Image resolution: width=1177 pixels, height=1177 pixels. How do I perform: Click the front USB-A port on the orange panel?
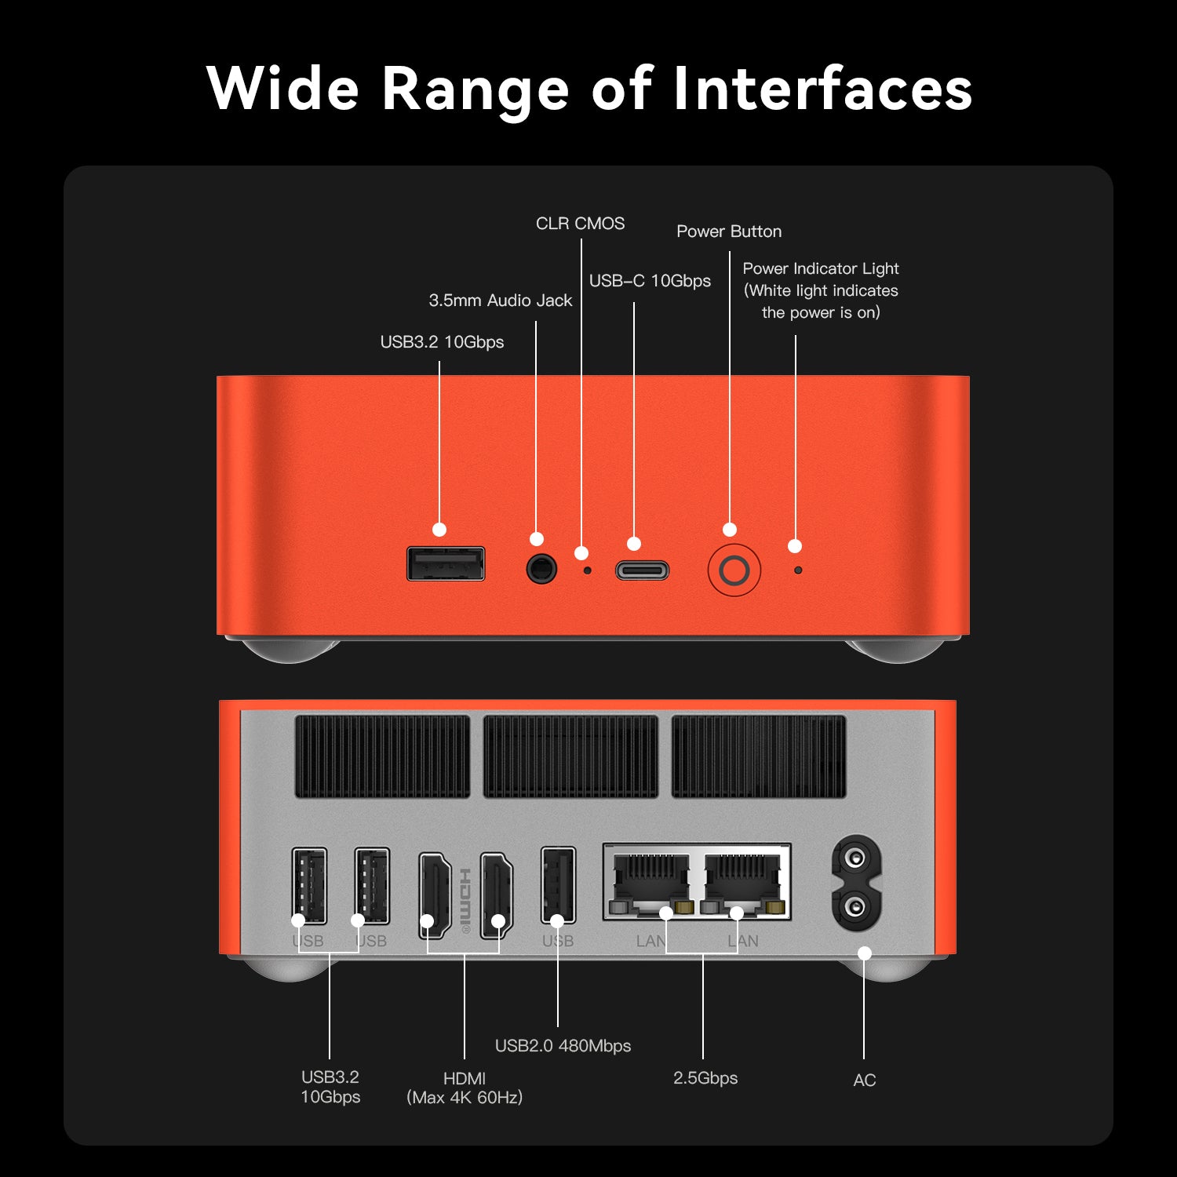point(446,563)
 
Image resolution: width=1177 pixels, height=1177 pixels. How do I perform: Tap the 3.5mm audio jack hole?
point(541,568)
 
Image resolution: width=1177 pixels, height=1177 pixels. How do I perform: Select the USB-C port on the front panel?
point(642,570)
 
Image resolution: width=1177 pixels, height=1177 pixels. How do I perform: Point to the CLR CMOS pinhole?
point(588,570)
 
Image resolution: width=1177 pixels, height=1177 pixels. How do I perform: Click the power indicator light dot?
point(798,570)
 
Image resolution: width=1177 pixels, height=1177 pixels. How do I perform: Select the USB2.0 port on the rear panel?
point(558,885)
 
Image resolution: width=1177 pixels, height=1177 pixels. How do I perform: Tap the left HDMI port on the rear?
point(435,895)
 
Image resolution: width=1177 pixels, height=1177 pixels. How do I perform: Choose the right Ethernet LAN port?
point(742,884)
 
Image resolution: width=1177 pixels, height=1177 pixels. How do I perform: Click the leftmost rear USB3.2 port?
point(309,886)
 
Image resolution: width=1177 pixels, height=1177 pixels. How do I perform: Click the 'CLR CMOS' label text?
point(581,224)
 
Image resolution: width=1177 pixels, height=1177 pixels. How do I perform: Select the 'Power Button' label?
point(729,231)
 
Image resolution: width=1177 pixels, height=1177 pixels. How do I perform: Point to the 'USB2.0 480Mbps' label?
point(563,1046)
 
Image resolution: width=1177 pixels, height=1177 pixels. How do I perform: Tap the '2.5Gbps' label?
point(705,1078)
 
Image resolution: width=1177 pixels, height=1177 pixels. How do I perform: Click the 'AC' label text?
point(864,1080)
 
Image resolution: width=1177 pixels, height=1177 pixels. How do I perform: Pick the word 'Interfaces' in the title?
point(822,88)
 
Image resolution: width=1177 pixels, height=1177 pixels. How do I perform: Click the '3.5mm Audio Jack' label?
point(501,301)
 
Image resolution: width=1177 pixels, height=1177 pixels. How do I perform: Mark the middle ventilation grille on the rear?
point(570,756)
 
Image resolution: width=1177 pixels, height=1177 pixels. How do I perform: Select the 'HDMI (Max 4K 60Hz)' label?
point(465,1088)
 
